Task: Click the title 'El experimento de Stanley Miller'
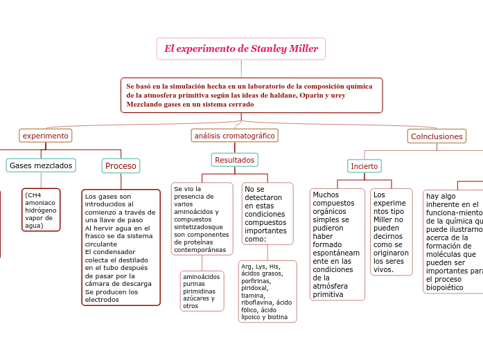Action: point(241,48)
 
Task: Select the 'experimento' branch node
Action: point(46,136)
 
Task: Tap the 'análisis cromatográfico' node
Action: point(234,136)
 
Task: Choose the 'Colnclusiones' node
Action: point(437,136)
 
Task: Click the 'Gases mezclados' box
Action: point(41,165)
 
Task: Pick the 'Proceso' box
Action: point(121,165)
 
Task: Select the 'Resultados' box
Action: point(234,160)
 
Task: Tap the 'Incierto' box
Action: point(364,166)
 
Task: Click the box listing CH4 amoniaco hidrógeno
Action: point(41,210)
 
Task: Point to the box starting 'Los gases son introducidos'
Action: point(121,247)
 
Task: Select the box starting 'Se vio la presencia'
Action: point(202,219)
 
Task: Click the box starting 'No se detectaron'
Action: point(267,213)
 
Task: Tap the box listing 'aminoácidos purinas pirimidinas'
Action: point(202,291)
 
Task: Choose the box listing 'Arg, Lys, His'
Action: point(267,291)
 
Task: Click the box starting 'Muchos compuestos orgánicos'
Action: point(337,244)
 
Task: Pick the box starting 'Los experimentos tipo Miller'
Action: point(391,232)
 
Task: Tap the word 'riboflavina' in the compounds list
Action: point(258,302)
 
